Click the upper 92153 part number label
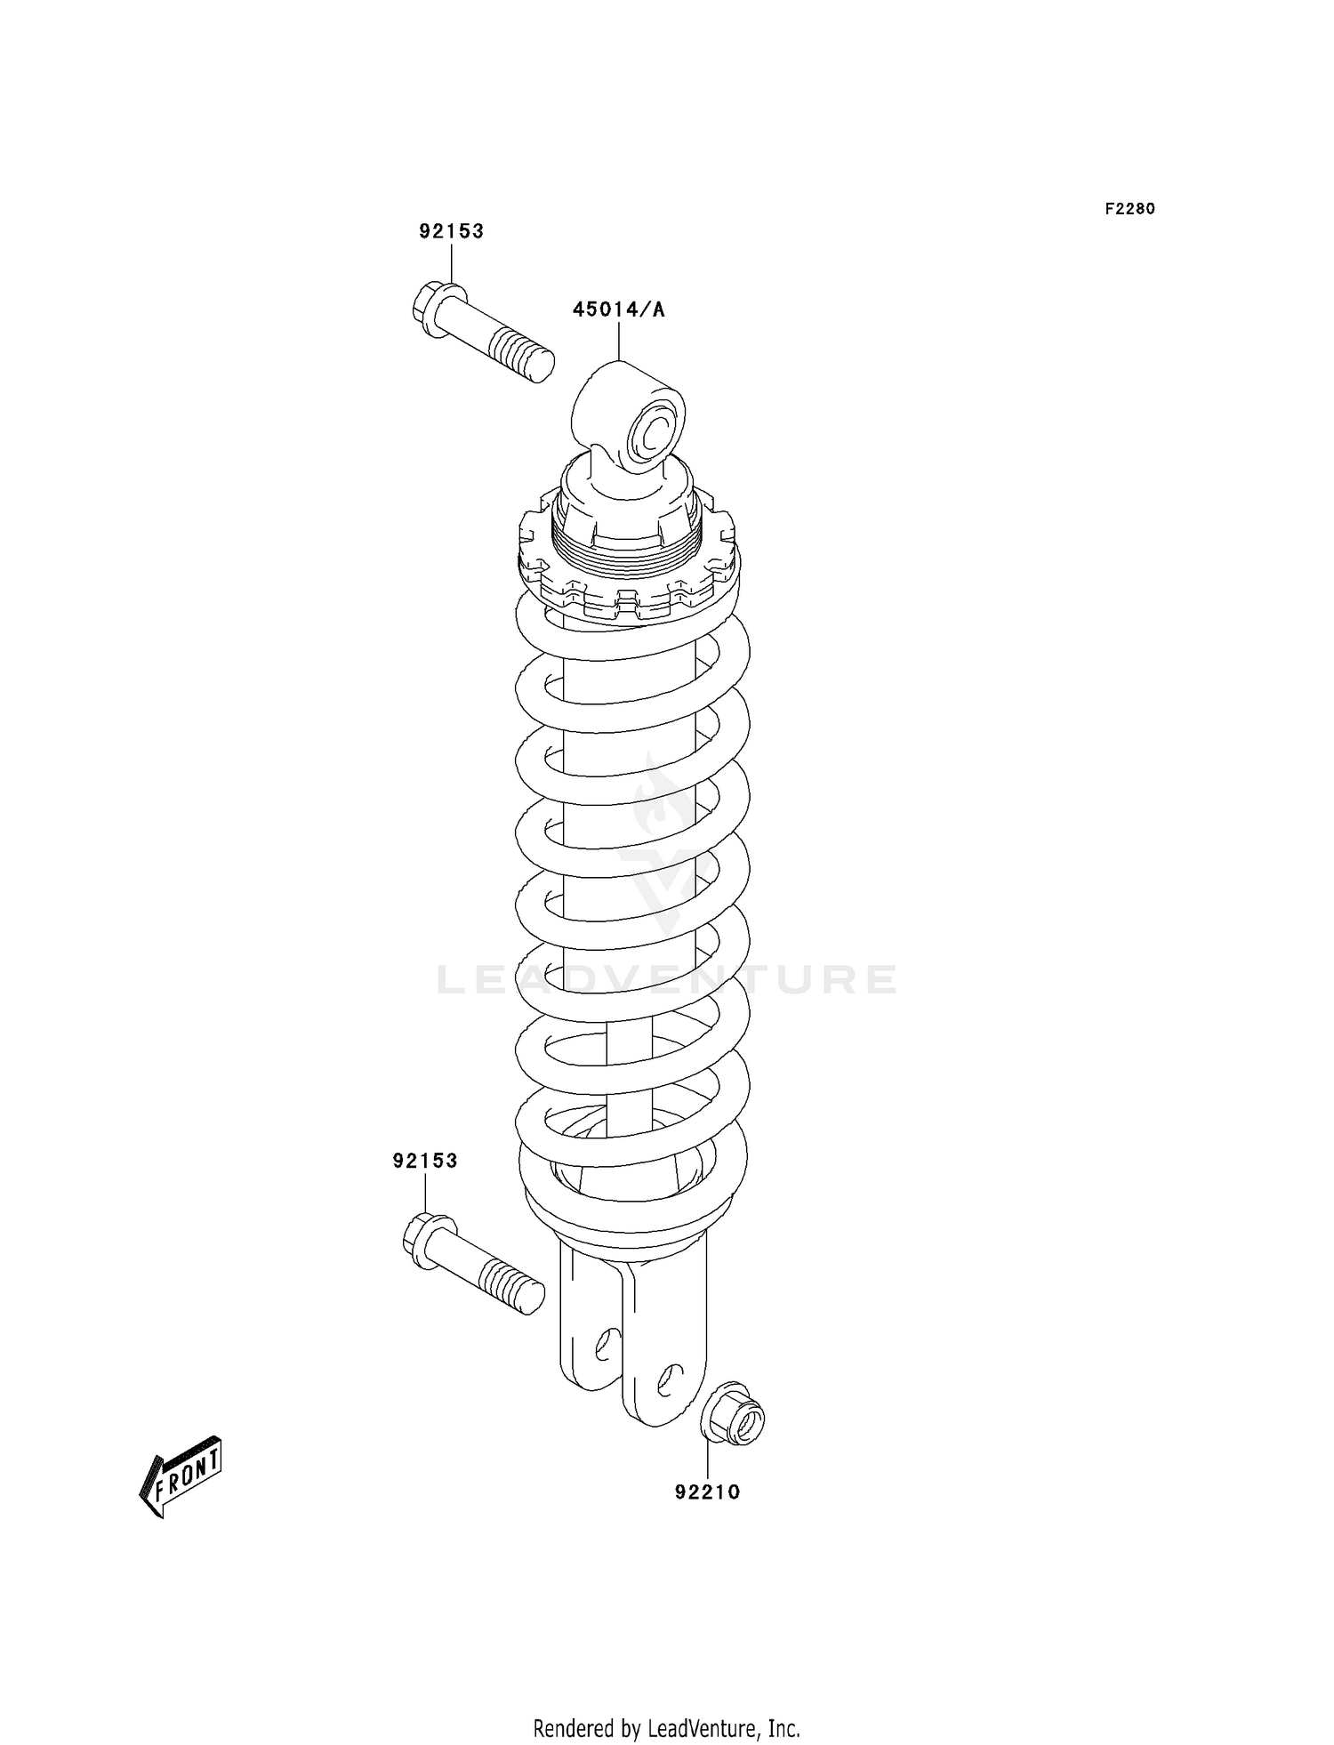coord(452,231)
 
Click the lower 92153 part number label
coord(425,1161)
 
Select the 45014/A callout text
coord(618,310)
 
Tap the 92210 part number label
coord(707,1492)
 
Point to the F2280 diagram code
coord(1129,209)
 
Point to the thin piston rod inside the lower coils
coord(629,1067)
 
